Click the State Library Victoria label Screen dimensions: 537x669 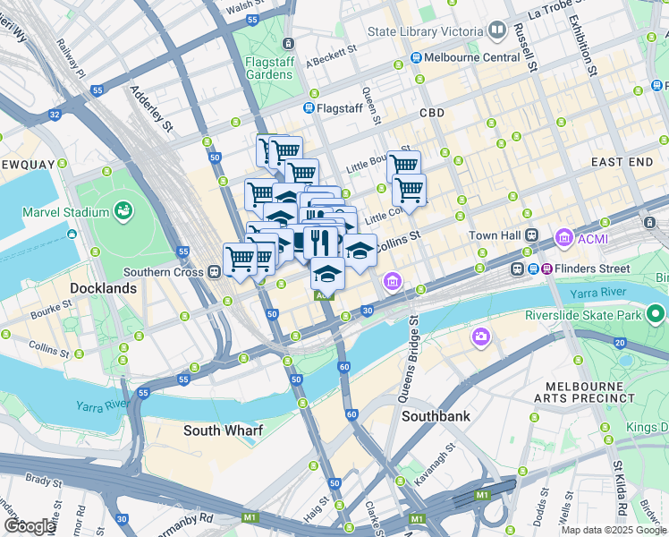[x=425, y=31]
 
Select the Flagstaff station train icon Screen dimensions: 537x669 [x=309, y=108]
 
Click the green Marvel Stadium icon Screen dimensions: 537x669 [x=123, y=212]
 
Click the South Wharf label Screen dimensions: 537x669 [x=223, y=430]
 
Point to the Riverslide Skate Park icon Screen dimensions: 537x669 [x=656, y=314]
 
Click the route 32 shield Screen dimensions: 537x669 [x=55, y=115]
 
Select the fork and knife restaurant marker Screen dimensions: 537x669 [x=320, y=241]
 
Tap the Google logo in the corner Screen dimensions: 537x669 [x=30, y=526]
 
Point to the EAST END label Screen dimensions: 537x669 [x=622, y=161]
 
